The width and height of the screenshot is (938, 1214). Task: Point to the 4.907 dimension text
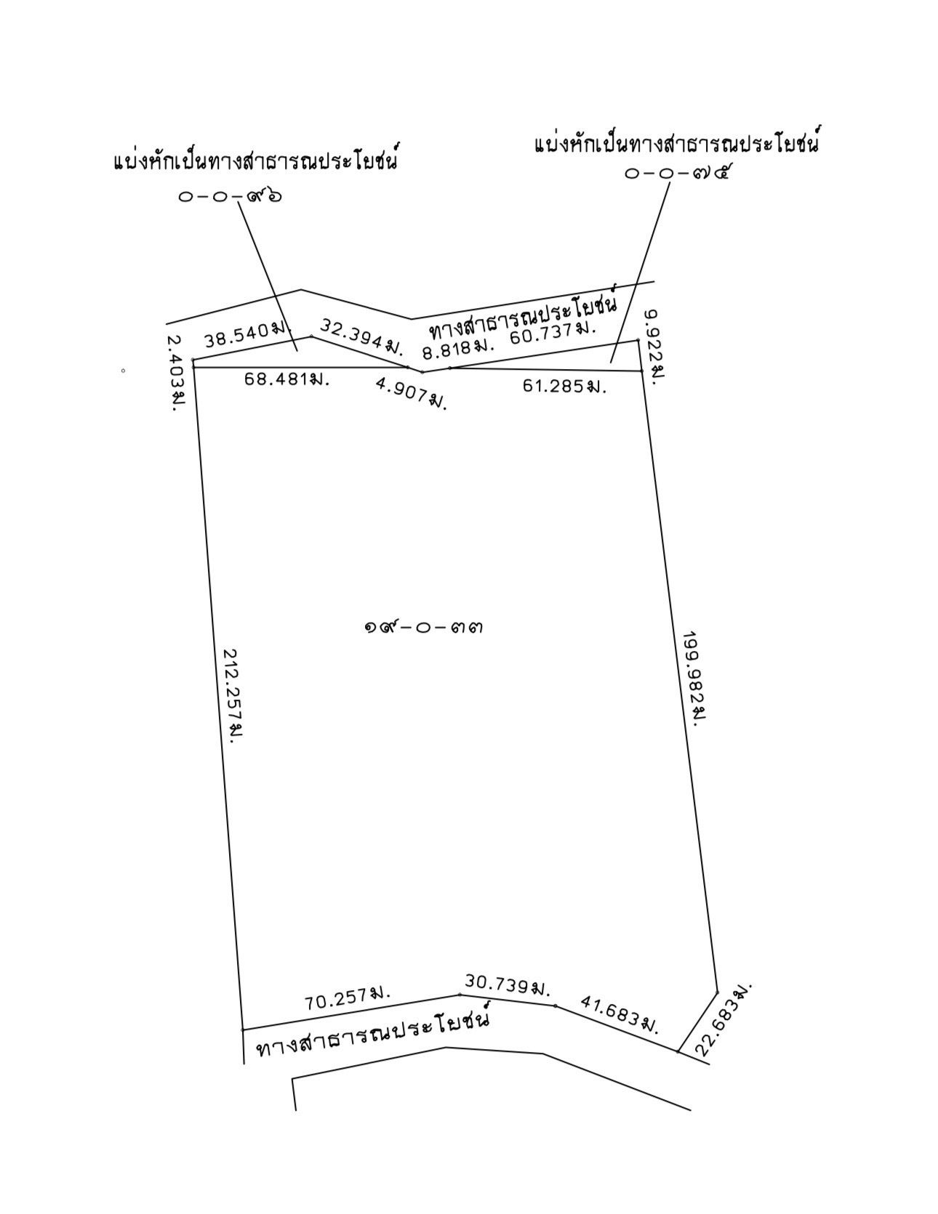coord(411,392)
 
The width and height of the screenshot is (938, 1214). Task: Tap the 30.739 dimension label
coord(508,985)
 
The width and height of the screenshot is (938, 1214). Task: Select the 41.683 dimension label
coord(619,1014)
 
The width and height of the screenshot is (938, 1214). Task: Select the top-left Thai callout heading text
coord(256,160)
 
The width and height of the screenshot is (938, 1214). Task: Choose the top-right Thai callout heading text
coord(676,142)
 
